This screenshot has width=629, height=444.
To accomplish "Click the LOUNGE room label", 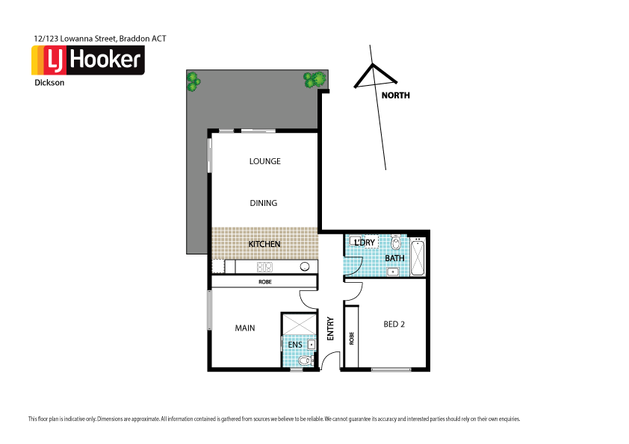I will tap(264, 161).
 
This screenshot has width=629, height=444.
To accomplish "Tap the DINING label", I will tap(264, 203).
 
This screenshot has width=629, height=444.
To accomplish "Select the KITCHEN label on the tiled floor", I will tap(264, 244).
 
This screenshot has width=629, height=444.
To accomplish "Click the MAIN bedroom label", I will tap(244, 328).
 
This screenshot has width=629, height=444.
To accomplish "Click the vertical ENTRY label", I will tap(330, 329).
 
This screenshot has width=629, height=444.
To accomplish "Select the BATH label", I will tap(394, 258).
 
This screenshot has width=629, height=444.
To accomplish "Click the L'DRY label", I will tap(365, 243).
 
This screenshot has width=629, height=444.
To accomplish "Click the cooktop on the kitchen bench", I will tap(264, 266).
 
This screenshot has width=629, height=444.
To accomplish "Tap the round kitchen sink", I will tap(305, 266).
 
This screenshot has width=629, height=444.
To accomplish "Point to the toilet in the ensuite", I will tap(303, 362).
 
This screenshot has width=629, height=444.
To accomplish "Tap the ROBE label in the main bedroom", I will tap(264, 282).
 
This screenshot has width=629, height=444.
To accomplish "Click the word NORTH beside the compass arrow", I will tap(395, 96).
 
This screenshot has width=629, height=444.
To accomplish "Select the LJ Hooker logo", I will tap(87, 60).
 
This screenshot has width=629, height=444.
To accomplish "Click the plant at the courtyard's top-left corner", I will tap(193, 81).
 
